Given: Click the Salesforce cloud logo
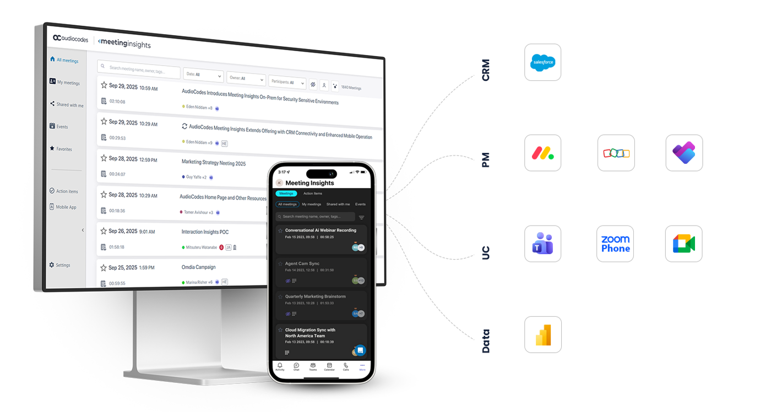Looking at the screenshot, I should [543, 63].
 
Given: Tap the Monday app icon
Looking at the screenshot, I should [543, 153].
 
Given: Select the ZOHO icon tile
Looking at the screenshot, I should [616, 153].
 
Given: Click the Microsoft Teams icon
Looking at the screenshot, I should [543, 243].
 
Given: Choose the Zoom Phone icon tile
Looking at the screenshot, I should [615, 243].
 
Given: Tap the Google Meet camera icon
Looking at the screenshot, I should [683, 243].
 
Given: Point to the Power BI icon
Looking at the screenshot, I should [543, 334].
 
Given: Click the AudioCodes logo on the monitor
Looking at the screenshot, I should [70, 38].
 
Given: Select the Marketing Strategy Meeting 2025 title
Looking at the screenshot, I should [214, 163].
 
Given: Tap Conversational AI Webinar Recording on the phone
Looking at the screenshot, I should [321, 230].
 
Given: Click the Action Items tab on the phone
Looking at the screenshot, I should [313, 194].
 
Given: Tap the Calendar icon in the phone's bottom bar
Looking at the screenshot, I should [329, 367].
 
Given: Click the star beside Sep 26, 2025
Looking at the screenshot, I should [104, 231].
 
